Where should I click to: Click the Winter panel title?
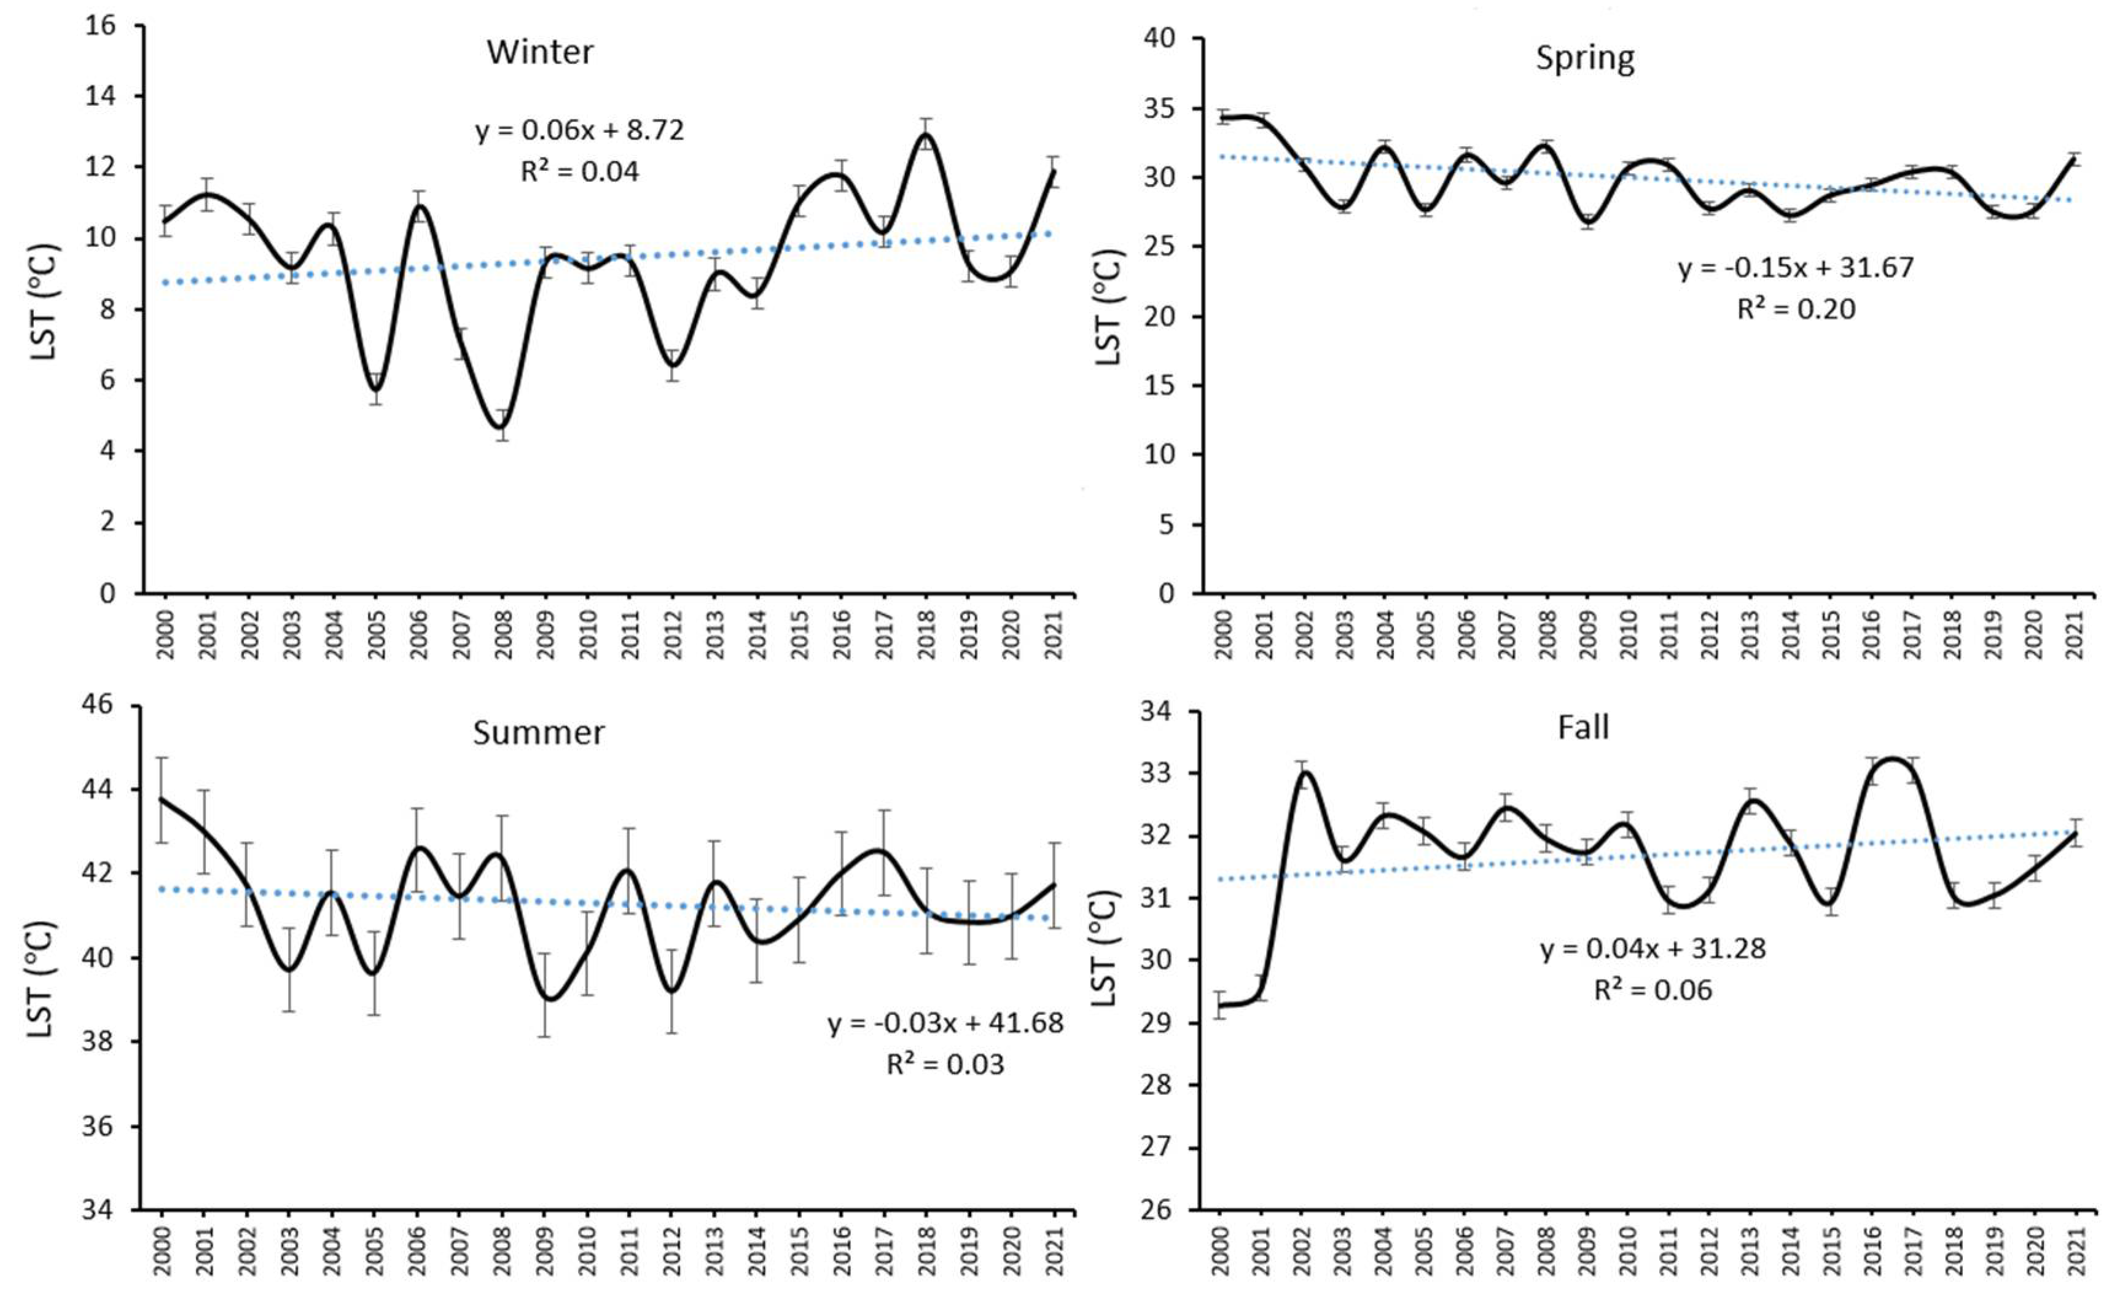[539, 52]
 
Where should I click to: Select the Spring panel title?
[1585, 59]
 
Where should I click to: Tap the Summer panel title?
[539, 732]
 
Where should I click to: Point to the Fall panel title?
[1583, 727]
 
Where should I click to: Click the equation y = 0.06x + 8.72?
[580, 130]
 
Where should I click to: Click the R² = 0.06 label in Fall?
[1652, 990]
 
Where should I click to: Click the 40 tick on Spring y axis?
[1165, 39]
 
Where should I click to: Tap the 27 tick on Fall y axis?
[1162, 1148]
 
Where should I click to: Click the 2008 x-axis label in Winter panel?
[503, 634]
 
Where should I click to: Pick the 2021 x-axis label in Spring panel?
[2075, 634]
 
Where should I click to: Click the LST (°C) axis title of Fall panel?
[1106, 948]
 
